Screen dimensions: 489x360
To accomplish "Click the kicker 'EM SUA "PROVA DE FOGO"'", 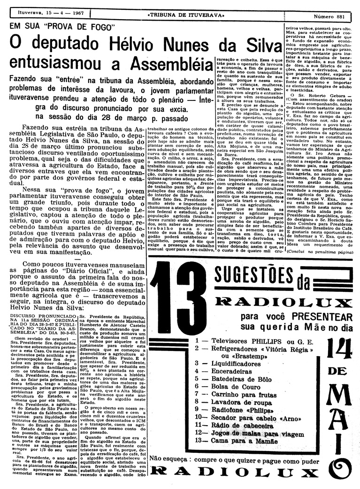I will tap(61, 27).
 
